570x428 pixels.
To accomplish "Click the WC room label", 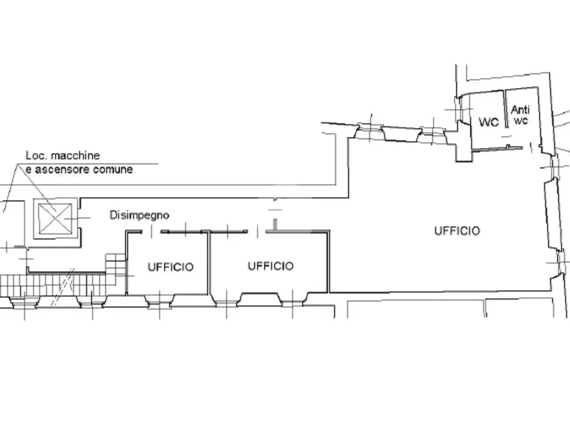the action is coord(489,122).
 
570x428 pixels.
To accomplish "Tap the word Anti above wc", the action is coord(521,110).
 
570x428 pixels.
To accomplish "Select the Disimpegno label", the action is coord(139,215).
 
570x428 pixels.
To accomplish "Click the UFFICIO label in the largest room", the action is coord(457,231).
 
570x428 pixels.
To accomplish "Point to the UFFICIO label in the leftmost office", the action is coord(171,267).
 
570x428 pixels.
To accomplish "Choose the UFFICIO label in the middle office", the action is coord(271,266).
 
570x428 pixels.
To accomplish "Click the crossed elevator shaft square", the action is coord(55,218).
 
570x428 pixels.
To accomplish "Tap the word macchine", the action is coord(75,156).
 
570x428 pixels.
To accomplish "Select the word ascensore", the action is coord(61,170).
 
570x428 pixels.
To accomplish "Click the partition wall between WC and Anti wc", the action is coord(506,109).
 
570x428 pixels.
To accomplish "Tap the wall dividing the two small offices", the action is coord(208,263).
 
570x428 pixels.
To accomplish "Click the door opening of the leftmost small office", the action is coord(151,231).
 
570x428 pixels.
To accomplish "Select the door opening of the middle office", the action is coord(257,231).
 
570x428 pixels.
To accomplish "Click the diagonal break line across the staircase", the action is coord(63,287).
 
